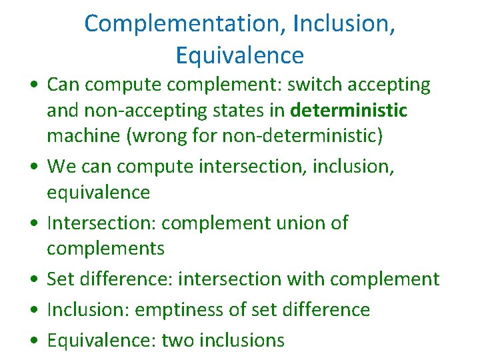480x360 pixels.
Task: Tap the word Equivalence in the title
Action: pyautogui.click(x=240, y=55)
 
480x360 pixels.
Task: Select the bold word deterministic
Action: pyautogui.click(x=349, y=109)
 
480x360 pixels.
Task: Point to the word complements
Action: pyautogui.click(x=105, y=249)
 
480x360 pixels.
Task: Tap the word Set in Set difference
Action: pyautogui.click(x=59, y=279)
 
